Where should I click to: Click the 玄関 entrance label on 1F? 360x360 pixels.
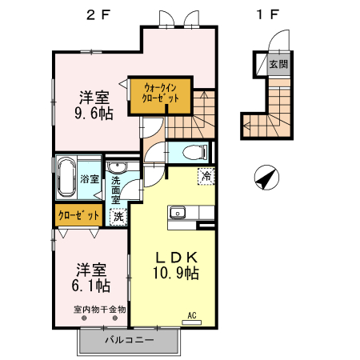tap(278, 64)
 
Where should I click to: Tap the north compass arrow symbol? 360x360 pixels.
tap(266, 178)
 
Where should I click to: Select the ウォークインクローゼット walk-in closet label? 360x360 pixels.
tap(160, 93)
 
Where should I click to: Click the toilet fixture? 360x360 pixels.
tap(195, 153)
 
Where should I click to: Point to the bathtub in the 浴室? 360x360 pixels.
tap(66, 177)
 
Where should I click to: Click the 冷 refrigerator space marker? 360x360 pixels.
tap(206, 176)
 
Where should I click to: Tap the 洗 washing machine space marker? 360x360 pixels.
tap(118, 217)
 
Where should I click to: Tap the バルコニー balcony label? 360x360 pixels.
tap(130, 340)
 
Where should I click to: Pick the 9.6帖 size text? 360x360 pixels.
tap(94, 114)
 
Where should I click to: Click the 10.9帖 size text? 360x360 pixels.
tap(176, 273)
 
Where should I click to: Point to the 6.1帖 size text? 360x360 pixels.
tap(91, 286)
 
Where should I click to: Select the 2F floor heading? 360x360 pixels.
tap(98, 15)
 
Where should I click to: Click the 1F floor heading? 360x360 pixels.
tap(267, 14)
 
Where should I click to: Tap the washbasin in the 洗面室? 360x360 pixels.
tap(117, 167)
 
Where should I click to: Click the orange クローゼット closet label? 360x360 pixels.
tap(78, 215)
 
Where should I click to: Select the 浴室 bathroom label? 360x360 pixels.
tap(90, 178)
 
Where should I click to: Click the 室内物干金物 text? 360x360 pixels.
tap(99, 310)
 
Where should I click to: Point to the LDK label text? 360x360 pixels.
tap(177, 258)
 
